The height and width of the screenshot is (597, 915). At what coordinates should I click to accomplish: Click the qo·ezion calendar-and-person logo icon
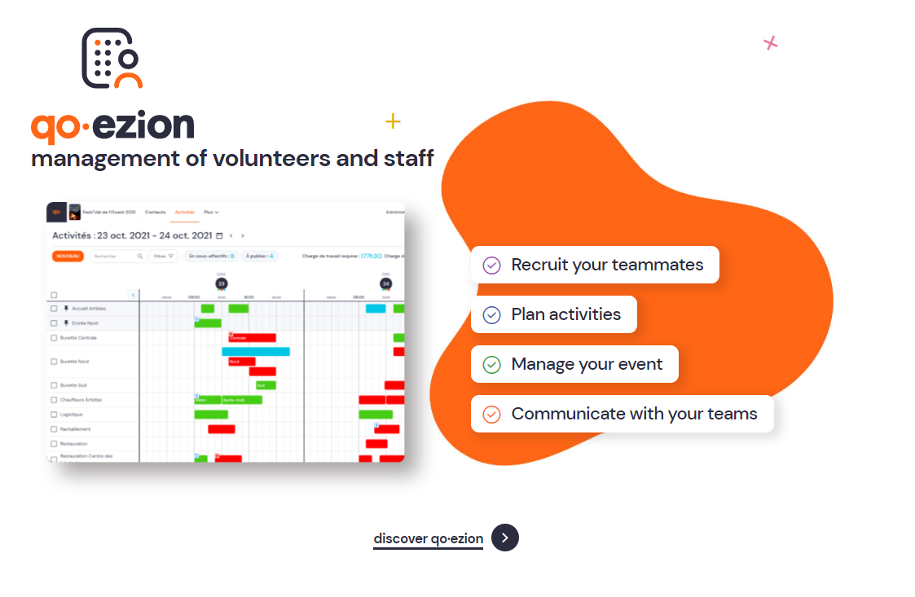click(112, 59)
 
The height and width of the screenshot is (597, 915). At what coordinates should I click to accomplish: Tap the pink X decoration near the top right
click(770, 43)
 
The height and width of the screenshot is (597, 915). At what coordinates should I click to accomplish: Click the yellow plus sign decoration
click(393, 121)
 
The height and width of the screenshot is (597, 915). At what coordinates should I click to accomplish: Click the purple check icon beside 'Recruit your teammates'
click(491, 265)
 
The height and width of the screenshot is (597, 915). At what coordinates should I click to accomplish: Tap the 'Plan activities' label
click(565, 314)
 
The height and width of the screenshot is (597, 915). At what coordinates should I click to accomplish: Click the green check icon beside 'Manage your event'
click(491, 364)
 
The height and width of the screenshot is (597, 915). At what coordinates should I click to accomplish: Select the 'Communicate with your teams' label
click(634, 414)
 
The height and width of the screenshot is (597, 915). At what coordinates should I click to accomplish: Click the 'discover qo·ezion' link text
click(428, 538)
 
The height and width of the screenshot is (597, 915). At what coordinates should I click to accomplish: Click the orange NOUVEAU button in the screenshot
click(68, 256)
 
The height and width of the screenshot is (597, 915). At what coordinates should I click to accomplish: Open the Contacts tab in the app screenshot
click(155, 212)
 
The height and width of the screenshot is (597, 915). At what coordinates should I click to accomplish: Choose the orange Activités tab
click(185, 212)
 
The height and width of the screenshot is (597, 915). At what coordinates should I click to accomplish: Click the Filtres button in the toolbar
click(164, 256)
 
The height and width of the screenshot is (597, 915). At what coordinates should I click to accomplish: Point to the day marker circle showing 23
click(222, 283)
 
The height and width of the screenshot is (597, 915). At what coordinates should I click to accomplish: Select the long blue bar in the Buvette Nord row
click(255, 352)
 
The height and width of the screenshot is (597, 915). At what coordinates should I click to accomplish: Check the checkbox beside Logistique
click(54, 415)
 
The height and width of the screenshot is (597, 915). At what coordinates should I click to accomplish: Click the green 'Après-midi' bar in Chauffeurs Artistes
click(241, 400)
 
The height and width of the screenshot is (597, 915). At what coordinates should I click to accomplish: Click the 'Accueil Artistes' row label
click(89, 309)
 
